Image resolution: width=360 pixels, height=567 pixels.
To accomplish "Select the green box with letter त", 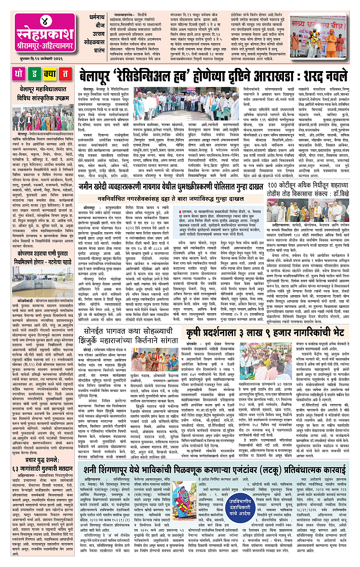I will click(65, 74).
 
